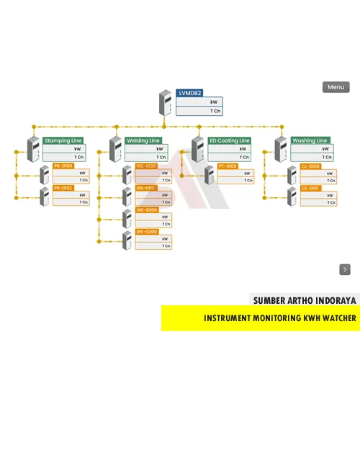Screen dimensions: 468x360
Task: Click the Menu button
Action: pos(336,87)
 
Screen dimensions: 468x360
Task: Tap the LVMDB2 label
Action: pos(190,94)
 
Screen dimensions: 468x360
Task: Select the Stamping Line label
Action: pos(63,140)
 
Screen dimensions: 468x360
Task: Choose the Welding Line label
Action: pos(143,140)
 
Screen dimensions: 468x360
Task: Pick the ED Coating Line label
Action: pos(229,140)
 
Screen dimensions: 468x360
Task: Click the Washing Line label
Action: pos(310,140)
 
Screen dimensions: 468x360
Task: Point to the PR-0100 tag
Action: pos(63,166)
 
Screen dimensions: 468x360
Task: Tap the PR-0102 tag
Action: pos(63,188)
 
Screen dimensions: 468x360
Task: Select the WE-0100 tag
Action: pos(146,166)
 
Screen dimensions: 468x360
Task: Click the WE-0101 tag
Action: pos(146,188)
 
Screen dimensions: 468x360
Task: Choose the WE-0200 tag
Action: pos(146,210)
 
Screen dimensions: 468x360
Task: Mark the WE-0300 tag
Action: pos(146,232)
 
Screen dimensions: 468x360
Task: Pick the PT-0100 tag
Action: pos(228,166)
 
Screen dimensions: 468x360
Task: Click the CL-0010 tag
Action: pos(310,166)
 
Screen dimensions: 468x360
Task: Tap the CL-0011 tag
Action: pos(310,188)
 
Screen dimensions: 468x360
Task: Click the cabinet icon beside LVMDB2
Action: pos(166,103)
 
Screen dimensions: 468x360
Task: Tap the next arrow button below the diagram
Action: pos(345,269)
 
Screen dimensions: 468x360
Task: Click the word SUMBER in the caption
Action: pos(269,300)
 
